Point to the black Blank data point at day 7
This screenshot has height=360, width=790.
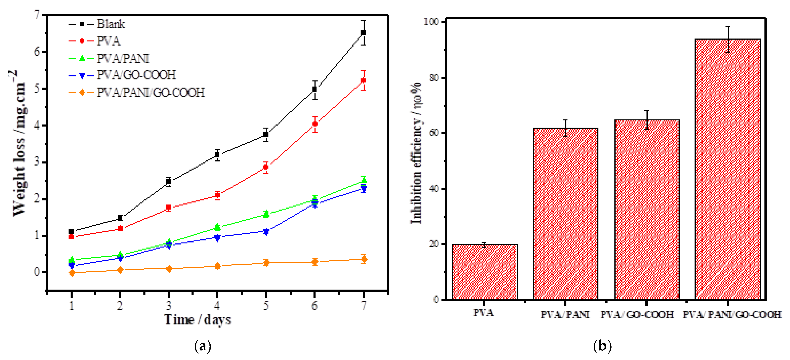(x=363, y=33)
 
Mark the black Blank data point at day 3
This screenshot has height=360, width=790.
(x=168, y=181)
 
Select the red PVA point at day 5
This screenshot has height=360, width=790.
(x=266, y=167)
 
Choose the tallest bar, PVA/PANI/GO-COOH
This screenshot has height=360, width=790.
(x=728, y=169)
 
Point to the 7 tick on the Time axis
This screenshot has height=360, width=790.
(x=363, y=306)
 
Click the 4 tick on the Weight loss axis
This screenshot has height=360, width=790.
(x=37, y=125)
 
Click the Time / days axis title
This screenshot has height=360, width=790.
(x=198, y=320)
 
